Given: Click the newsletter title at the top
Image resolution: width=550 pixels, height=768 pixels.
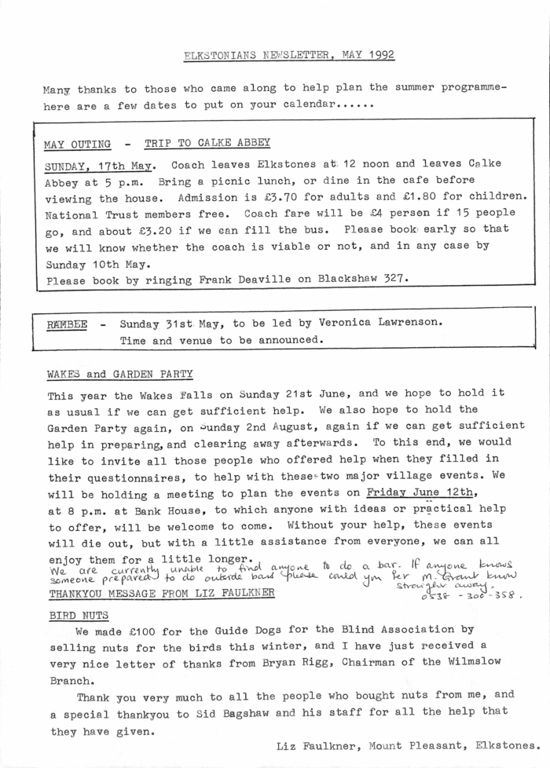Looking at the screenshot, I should [x=288, y=56].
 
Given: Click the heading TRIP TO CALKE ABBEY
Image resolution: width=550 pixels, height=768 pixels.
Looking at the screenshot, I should [x=207, y=143].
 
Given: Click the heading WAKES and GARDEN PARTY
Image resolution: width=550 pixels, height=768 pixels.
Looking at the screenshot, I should [x=119, y=374].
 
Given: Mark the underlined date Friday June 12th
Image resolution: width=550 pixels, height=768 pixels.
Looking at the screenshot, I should [x=422, y=492].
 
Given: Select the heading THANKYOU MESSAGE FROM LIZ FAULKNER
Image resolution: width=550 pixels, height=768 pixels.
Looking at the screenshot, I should [x=161, y=593].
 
